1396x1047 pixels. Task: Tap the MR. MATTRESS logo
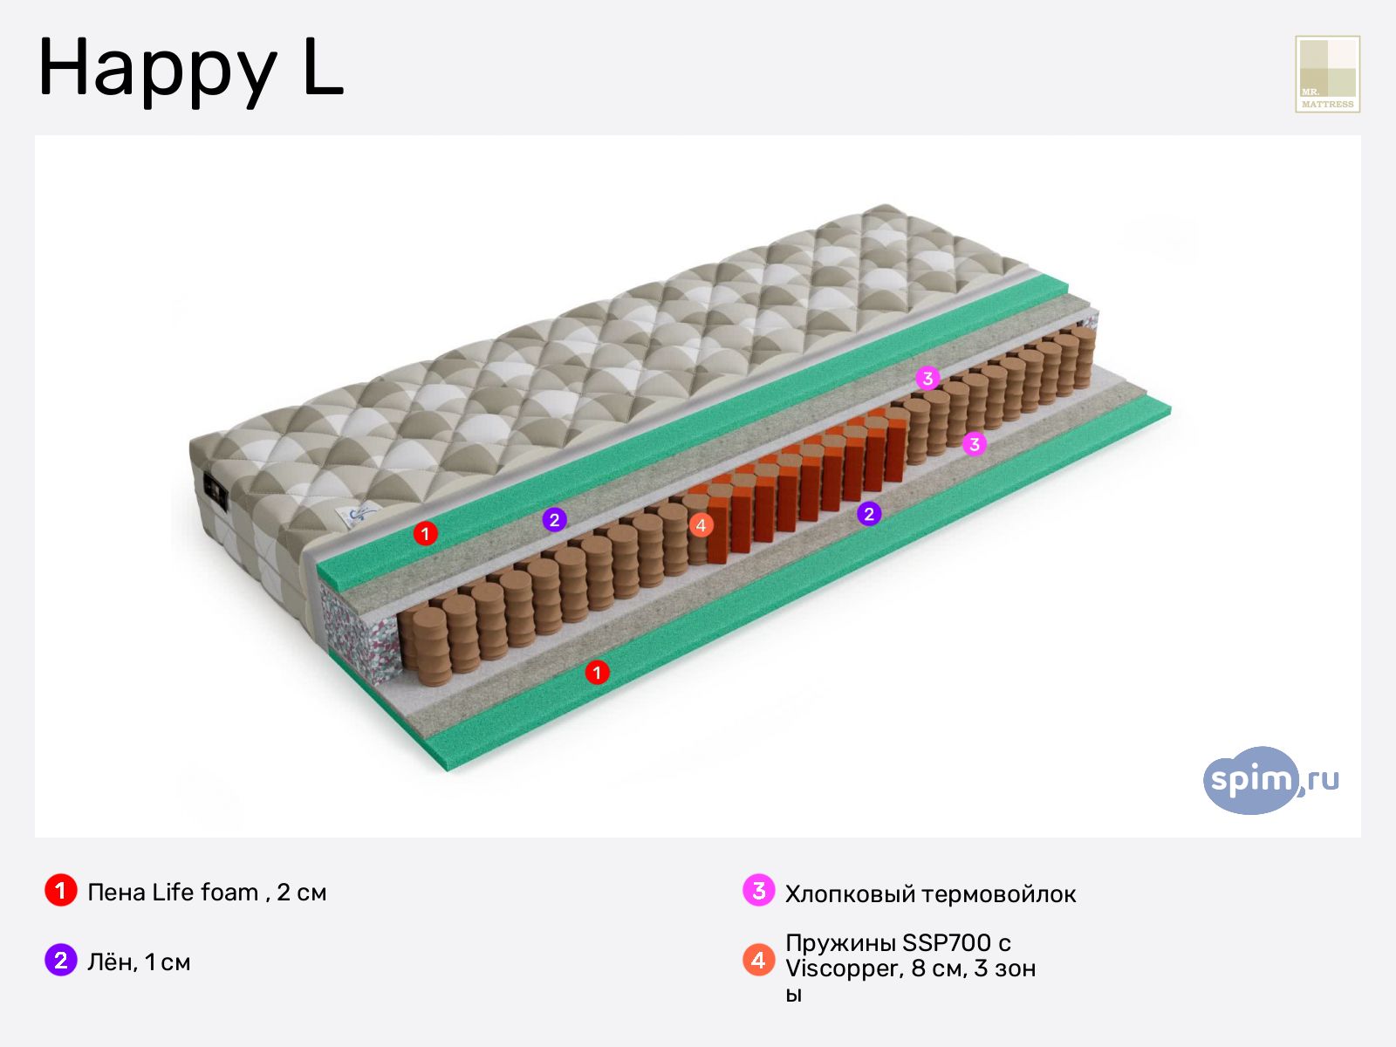pos(1327,74)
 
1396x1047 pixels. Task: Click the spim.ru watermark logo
pos(1270,780)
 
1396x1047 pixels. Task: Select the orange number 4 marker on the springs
pos(701,525)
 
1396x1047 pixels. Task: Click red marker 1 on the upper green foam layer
pos(426,533)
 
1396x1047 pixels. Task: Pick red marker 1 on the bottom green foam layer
pos(597,672)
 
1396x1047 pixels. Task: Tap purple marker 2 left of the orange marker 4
pos(555,520)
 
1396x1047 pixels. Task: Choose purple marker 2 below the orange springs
pos(869,514)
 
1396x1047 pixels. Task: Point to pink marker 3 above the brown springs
pos(927,379)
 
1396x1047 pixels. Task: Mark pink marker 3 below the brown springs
pos(975,443)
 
